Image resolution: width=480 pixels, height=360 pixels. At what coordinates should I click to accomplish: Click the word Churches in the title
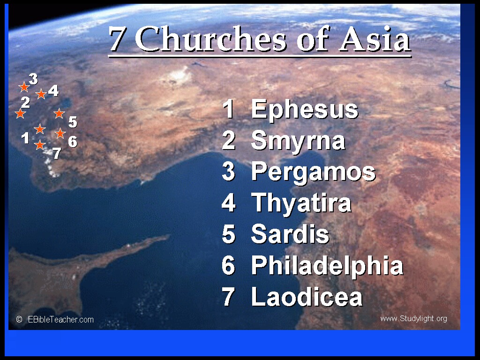click(x=211, y=39)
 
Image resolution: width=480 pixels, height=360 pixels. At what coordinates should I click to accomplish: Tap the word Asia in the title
click(x=375, y=39)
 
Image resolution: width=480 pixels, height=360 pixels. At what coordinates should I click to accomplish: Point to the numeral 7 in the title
click(x=117, y=39)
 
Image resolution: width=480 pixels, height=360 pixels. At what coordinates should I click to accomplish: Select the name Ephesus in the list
click(x=305, y=109)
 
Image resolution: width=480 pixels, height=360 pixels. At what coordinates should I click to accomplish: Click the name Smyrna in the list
click(x=298, y=141)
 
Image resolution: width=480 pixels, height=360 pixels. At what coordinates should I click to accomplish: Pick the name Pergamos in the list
click(x=313, y=172)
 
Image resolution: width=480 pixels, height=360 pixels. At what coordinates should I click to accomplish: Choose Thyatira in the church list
click(x=301, y=203)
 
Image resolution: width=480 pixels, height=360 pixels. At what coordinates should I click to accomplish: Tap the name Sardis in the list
click(x=290, y=234)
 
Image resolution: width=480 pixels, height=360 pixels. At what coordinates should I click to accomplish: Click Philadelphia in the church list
click(x=327, y=265)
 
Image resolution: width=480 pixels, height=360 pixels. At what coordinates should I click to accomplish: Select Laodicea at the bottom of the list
click(x=307, y=297)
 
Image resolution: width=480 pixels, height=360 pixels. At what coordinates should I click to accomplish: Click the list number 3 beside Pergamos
click(x=228, y=172)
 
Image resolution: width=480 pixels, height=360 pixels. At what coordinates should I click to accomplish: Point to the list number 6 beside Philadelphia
click(x=228, y=265)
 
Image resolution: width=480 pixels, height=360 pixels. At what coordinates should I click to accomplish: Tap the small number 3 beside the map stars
click(x=33, y=79)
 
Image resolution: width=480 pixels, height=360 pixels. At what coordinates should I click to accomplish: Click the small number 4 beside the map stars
click(x=53, y=90)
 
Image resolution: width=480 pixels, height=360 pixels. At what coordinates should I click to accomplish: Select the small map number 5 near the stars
click(x=73, y=122)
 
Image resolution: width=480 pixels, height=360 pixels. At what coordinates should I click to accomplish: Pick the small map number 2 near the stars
click(x=25, y=102)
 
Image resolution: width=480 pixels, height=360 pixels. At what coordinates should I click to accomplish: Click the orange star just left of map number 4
click(x=41, y=94)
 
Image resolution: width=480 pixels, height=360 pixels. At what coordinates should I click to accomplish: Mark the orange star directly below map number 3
click(x=24, y=87)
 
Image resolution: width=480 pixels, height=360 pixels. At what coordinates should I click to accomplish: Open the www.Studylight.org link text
click(x=413, y=319)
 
